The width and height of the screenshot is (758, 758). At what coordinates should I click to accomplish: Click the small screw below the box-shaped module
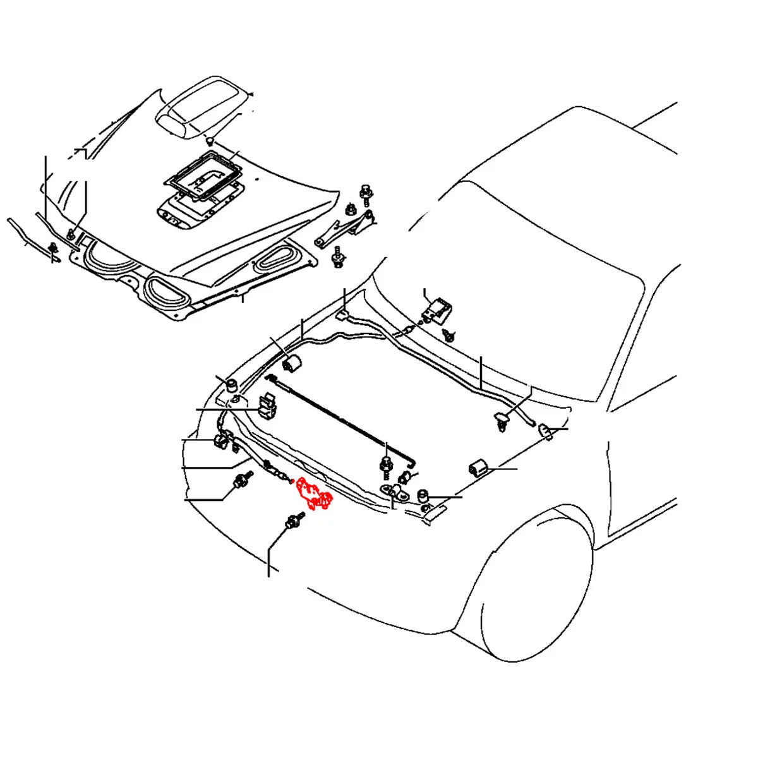(x=449, y=335)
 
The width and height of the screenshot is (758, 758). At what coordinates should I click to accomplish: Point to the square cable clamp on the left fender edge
(x=268, y=406)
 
